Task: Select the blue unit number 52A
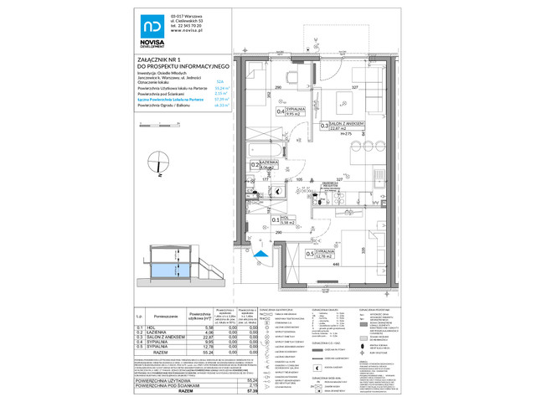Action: [220, 81]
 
